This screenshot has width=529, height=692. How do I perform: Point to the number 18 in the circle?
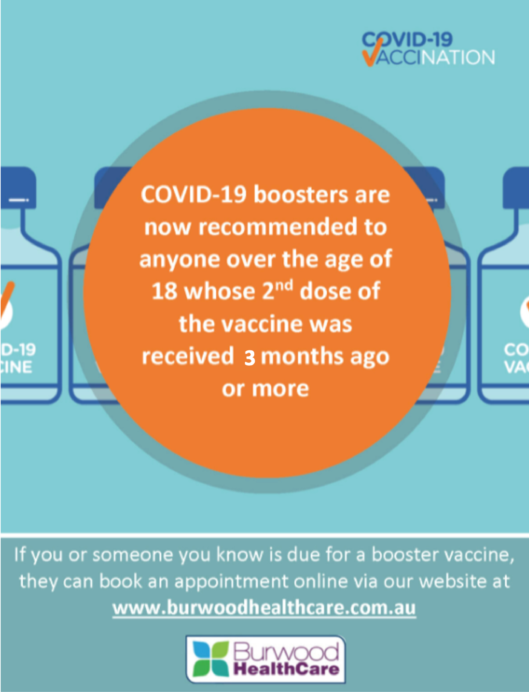coord(164,291)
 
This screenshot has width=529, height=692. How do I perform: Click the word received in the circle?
coord(188,356)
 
